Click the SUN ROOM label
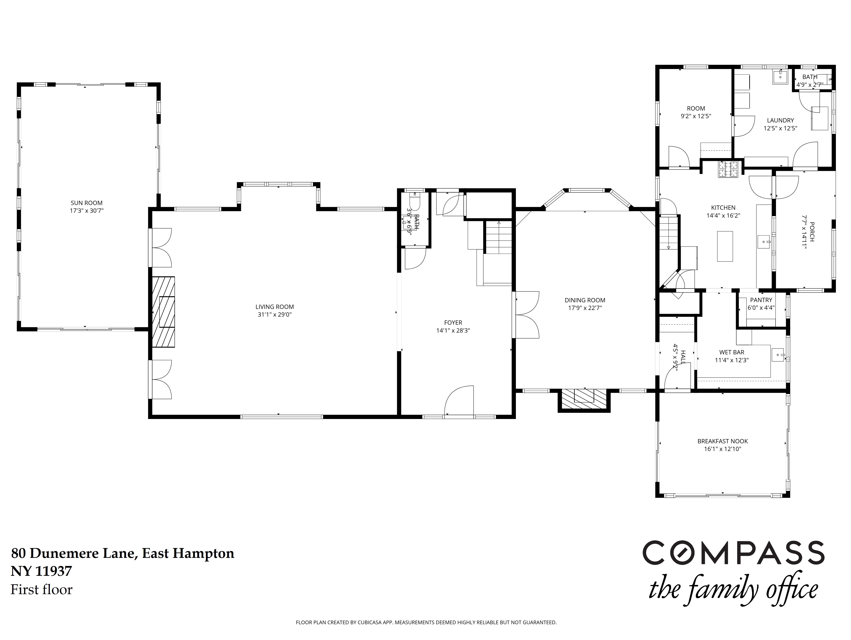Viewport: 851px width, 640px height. tap(87, 203)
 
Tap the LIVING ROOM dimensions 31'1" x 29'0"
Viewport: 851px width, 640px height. tap(275, 315)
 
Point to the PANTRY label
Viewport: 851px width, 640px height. tap(761, 300)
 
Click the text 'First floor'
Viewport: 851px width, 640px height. tap(42, 590)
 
